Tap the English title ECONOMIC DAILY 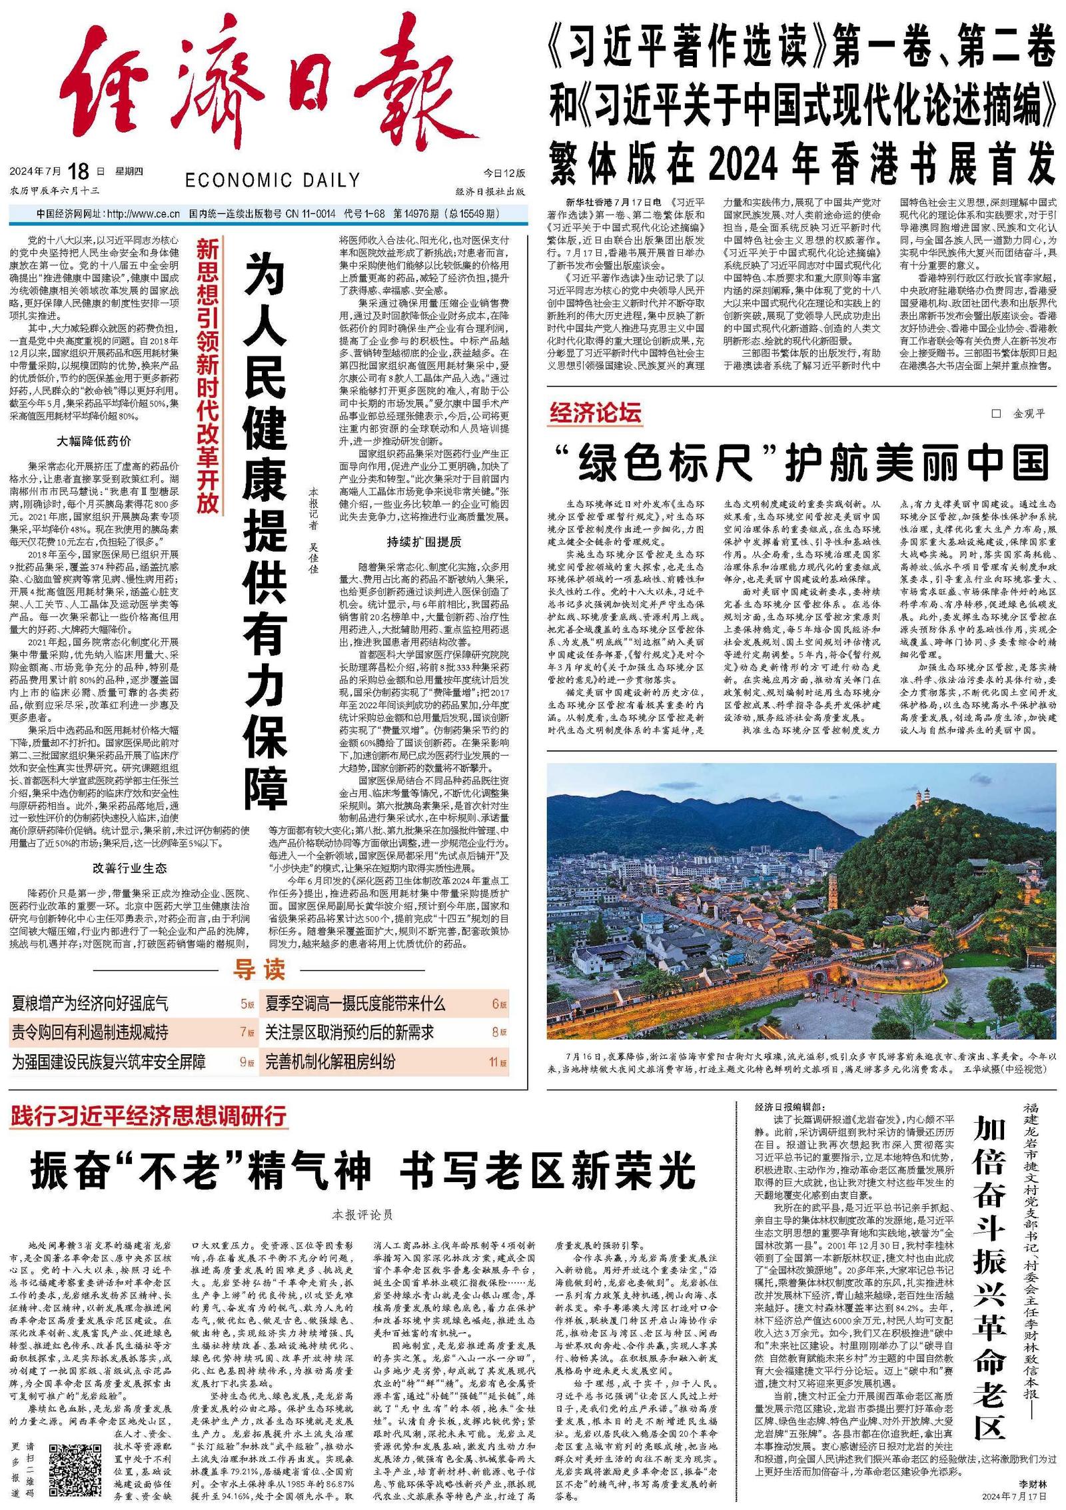[x=272, y=180]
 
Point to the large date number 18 [x=78, y=171]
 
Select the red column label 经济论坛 [x=595, y=413]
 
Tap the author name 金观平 [x=1029, y=414]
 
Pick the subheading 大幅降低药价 [x=94, y=440]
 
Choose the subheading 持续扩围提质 [x=424, y=541]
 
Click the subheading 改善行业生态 [x=130, y=868]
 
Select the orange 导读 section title [x=259, y=970]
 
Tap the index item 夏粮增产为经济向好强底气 [x=90, y=1003]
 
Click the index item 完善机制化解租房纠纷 [x=330, y=1061]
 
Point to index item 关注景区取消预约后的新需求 [x=349, y=1032]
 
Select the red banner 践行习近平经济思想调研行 [x=149, y=1115]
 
